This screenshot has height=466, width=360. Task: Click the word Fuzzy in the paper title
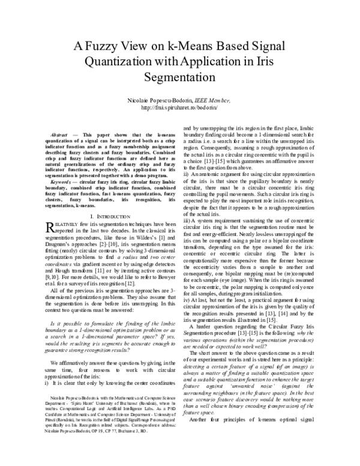99,45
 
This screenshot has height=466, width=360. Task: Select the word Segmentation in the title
181,77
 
